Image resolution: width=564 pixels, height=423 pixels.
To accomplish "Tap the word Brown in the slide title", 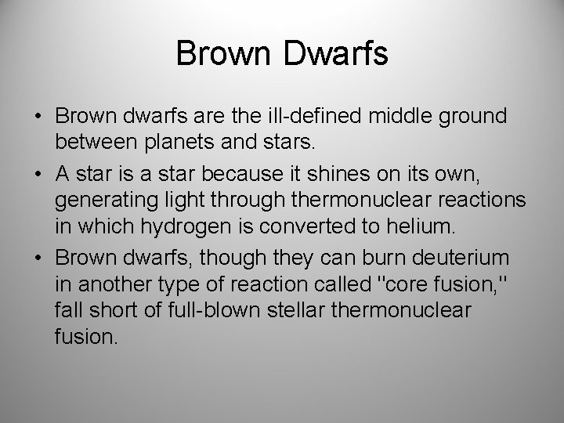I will (x=224, y=54).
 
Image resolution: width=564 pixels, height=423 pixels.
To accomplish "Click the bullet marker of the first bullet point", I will (x=38, y=116).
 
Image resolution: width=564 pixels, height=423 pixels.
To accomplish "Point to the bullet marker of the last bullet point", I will (x=38, y=257).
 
